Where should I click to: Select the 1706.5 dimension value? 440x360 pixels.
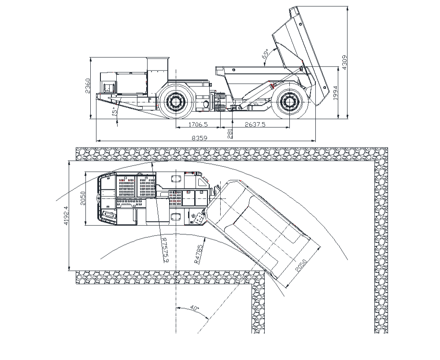pos(198,124)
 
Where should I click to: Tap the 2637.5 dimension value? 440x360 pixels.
pos(255,124)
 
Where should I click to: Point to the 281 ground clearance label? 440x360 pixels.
pos(230,133)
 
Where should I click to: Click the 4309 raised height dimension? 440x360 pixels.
pos(344,62)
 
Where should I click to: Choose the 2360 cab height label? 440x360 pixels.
pos(88,86)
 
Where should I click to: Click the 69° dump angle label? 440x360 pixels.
pos(265,53)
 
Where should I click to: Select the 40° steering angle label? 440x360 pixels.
pos(195,308)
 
